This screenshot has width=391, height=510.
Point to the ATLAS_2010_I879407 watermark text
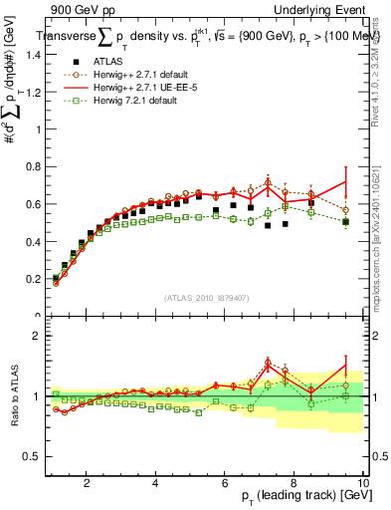pyautogui.click(x=207, y=298)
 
